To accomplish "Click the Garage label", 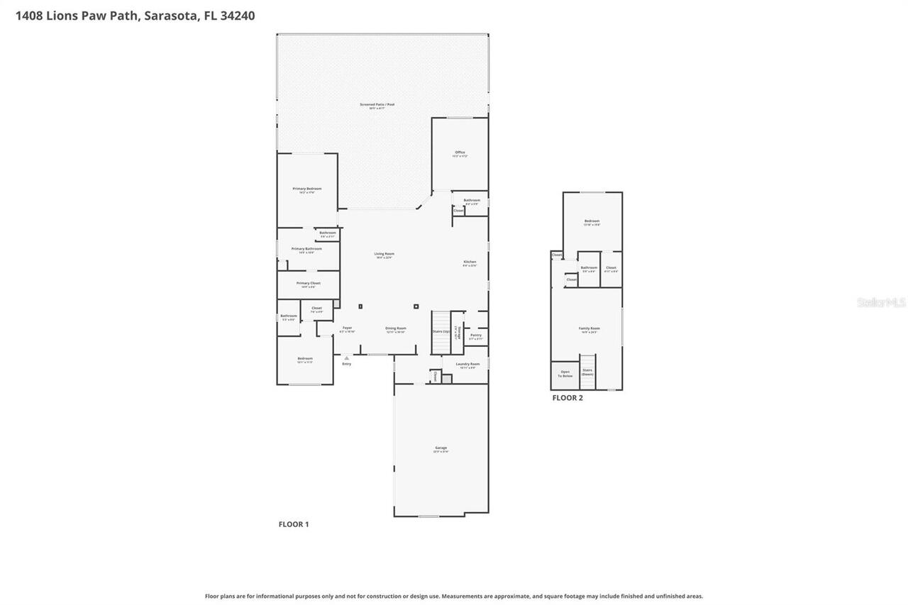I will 441,448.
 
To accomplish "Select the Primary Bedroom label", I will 307,189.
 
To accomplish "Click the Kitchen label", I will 470,262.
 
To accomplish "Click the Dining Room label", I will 396,329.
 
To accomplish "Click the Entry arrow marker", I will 346,358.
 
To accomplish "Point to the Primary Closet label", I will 308,284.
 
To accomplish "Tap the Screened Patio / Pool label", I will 377,105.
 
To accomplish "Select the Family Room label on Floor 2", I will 589,329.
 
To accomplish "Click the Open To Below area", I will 565,373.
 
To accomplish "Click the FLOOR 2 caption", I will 567,398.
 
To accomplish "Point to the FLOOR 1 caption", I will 293,524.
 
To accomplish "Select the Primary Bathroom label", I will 306,250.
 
